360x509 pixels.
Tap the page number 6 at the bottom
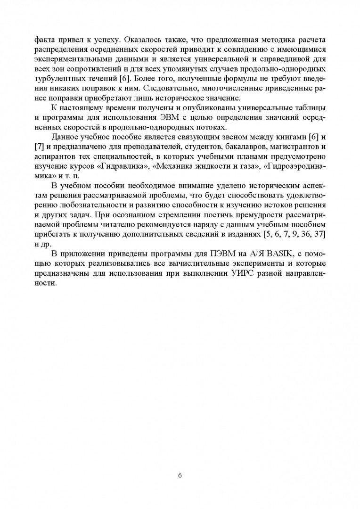180,475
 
